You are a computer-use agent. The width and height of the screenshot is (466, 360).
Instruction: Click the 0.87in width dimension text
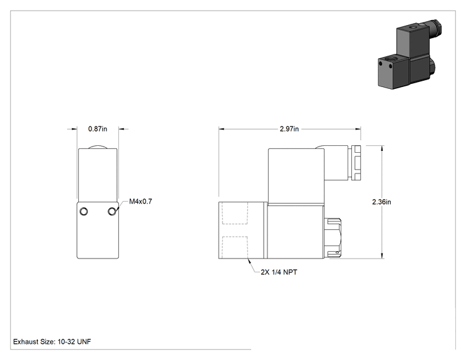[x=98, y=129]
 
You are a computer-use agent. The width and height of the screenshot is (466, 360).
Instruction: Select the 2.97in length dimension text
[x=289, y=129]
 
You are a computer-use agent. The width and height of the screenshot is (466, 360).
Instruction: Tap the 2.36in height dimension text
[x=381, y=202]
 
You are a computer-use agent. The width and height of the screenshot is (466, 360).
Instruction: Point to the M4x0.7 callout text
[x=140, y=202]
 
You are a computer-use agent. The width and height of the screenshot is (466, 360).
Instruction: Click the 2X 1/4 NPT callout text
[x=279, y=272]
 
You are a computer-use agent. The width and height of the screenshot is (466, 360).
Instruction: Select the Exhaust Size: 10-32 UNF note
[x=52, y=342]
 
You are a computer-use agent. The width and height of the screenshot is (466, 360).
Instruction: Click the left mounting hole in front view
[x=84, y=212]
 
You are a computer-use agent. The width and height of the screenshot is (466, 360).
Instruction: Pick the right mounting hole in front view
[x=111, y=212]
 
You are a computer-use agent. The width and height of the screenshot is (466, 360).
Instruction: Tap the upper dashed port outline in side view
[x=235, y=213]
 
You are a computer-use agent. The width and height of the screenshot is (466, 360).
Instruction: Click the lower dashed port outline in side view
[x=235, y=247]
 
